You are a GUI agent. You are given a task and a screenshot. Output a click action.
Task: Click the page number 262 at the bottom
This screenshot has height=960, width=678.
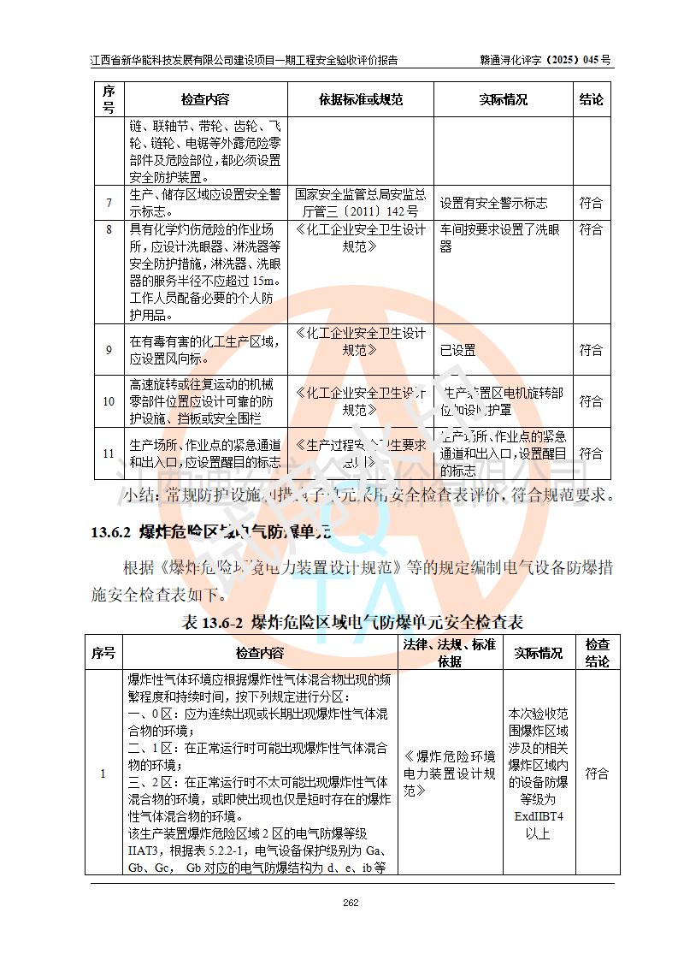pos(350,904)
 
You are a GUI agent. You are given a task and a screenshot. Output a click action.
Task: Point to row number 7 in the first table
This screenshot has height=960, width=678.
pos(109,204)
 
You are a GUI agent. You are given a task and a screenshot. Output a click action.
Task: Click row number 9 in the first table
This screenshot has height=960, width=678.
pos(109,350)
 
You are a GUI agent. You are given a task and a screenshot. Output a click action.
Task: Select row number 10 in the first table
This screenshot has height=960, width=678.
pos(109,401)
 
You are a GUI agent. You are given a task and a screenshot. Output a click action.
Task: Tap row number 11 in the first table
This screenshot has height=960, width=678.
pos(109,453)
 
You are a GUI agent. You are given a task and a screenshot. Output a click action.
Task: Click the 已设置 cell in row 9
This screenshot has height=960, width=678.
pos(457,350)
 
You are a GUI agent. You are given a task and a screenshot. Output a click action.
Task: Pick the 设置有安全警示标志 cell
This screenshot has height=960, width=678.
pos(493,204)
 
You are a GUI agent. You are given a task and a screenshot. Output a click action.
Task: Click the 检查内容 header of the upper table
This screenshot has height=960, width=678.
pos(205,99)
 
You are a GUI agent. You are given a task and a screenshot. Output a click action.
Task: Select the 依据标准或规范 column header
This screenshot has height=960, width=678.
pos(360,99)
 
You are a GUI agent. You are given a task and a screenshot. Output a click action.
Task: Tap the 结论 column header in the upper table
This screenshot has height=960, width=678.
pos(591,99)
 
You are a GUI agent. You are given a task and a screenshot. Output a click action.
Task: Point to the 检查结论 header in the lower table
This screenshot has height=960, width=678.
pos(597,653)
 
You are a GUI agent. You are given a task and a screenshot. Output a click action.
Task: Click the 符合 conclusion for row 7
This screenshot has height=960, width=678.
pos(591,204)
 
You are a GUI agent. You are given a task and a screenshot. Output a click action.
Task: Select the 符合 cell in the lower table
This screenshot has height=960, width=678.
pos(597,773)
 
